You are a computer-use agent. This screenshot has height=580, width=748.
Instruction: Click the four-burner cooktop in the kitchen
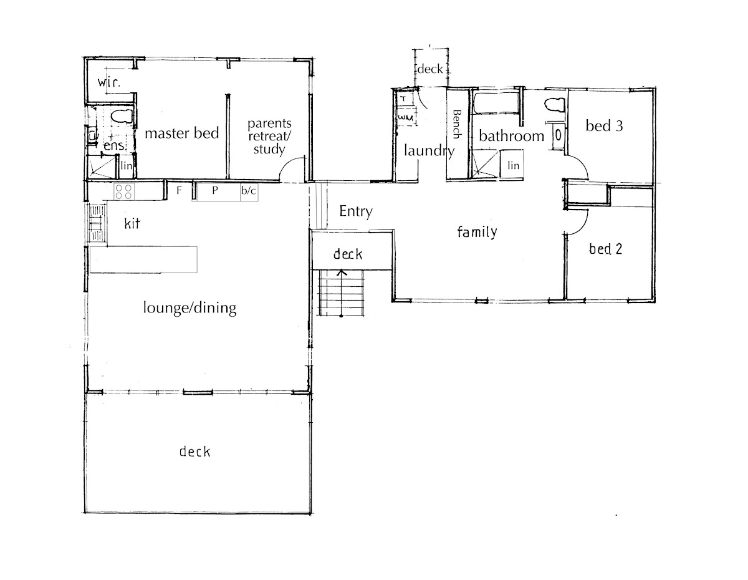click(124, 191)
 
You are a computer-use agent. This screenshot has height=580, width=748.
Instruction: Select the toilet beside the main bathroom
click(555, 105)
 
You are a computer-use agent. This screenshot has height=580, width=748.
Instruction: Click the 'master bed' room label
click(182, 133)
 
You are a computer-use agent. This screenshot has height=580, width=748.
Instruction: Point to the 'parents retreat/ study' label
click(269, 137)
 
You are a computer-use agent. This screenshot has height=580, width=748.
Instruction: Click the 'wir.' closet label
click(109, 83)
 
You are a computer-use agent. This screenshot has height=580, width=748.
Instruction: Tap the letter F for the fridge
click(179, 190)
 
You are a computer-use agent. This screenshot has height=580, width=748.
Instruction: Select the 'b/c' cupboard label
click(249, 190)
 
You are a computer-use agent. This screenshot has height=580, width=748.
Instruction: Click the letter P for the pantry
click(215, 190)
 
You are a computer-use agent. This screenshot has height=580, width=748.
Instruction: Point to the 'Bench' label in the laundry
click(457, 124)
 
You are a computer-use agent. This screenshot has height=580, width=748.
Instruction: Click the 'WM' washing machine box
click(406, 117)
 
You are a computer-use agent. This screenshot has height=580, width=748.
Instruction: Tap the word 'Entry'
click(355, 211)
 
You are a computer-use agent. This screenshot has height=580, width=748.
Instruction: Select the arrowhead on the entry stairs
click(342, 273)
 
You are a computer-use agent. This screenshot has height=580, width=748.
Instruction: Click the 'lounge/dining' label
click(189, 307)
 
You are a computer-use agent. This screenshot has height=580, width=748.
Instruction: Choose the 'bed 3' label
click(604, 126)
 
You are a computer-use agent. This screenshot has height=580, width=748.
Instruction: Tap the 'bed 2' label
click(605, 249)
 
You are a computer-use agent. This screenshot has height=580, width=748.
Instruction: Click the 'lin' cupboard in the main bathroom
click(512, 165)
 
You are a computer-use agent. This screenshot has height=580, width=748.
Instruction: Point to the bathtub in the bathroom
click(496, 103)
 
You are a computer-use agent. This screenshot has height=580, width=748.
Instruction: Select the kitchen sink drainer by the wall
click(97, 224)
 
